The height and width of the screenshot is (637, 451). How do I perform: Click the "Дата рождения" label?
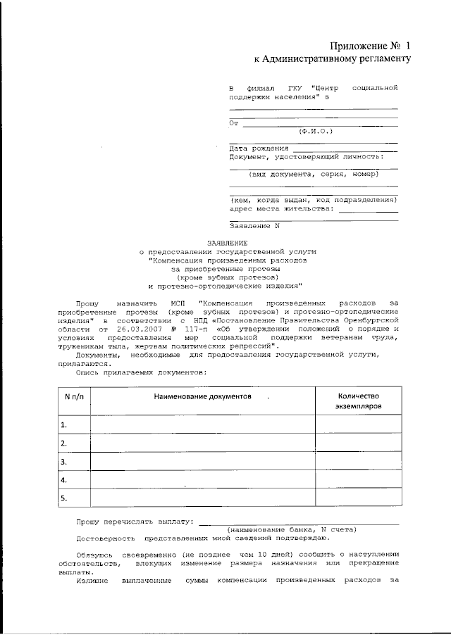click(259, 149)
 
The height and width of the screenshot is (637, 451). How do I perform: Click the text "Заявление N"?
click(255, 226)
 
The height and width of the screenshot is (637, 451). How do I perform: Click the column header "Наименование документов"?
click(203, 398)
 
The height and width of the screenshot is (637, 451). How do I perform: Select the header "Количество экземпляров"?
click(359, 402)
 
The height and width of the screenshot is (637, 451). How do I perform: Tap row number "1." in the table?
click(64, 424)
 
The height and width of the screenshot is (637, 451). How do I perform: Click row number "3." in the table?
click(64, 462)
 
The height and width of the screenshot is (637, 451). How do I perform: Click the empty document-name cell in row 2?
click(203, 443)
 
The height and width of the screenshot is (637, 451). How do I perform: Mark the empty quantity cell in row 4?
click(359, 480)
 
